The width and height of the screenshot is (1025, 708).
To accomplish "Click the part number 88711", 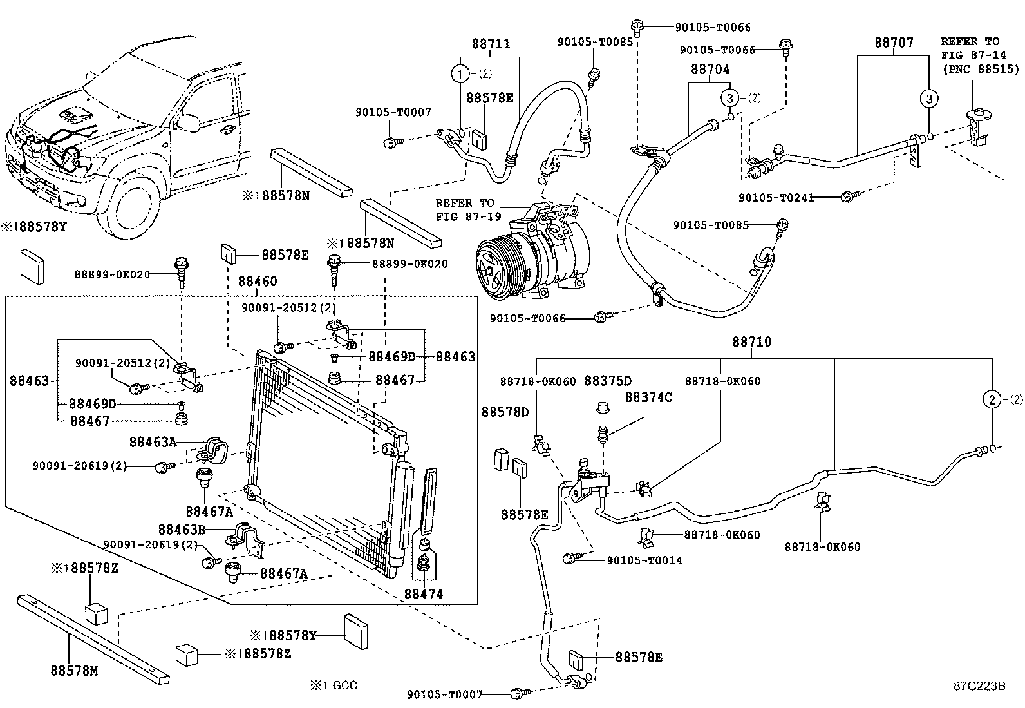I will point(491,44).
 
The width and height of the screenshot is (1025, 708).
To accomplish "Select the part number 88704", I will point(710,70).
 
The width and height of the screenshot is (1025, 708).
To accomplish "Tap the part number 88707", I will point(894,43).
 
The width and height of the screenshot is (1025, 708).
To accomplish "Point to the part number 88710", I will point(751,342).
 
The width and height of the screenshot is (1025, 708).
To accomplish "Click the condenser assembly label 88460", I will point(258,282).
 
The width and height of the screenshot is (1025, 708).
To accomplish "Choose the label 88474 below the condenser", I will point(424,594).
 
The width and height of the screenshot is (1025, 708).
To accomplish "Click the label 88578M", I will point(74,671).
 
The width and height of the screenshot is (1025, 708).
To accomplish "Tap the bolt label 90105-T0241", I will point(776,197).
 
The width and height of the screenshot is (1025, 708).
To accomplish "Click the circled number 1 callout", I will point(461,74).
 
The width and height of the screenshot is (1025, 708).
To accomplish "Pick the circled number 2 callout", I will point(993,399).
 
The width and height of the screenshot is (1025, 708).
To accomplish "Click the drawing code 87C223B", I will point(979,685).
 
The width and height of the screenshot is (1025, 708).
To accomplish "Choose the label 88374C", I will point(648,397).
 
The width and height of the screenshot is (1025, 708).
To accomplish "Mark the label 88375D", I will point(608,381).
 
